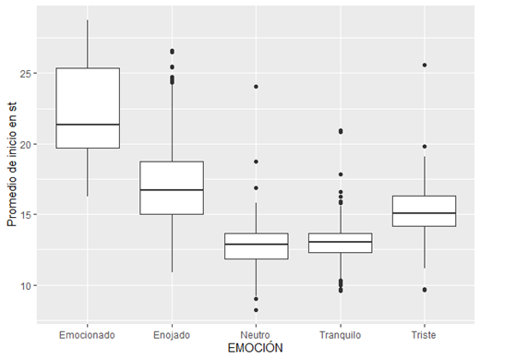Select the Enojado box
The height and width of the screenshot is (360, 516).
172,175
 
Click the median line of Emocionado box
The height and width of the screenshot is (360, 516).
87,125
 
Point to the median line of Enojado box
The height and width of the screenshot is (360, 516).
172,189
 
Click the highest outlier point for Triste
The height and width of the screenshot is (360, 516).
424,66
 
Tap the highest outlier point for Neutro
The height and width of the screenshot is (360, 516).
256,87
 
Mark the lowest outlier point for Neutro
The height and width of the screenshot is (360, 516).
256,310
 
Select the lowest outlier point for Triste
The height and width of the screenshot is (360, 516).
424,290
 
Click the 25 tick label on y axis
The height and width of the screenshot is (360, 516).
26,73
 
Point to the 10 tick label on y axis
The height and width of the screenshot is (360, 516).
26,286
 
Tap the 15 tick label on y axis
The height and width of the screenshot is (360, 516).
26,215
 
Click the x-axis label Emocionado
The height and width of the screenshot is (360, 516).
87,333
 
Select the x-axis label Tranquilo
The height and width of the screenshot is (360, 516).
340,333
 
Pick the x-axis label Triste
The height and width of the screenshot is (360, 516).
424,333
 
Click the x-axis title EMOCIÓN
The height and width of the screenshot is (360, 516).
256,347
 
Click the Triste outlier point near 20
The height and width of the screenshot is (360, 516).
424,147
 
